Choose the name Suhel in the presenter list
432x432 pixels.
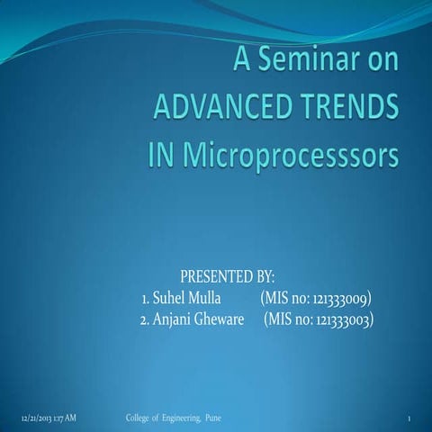170,297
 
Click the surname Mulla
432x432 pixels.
209,297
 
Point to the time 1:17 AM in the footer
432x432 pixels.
64,418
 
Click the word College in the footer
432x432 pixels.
137,418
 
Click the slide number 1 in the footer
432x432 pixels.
409,419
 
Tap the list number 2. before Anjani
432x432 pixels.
145,319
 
